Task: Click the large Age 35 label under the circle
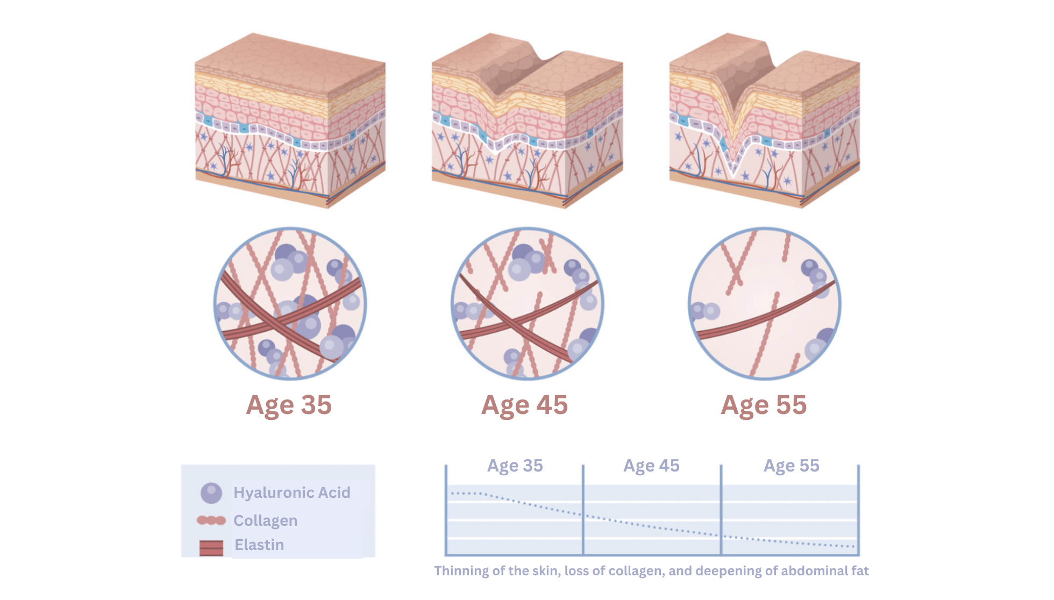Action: pos(289,405)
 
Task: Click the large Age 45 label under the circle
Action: pos(524,405)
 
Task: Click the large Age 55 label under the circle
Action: pos(764,405)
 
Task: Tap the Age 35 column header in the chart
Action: pos(515,466)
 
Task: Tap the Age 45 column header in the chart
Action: pos(651,466)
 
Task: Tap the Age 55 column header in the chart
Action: pos(792,466)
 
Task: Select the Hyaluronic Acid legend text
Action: pos(292,493)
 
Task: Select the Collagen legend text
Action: pos(266,521)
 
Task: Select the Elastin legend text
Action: pos(259,545)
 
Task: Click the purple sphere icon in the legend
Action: pos(211,493)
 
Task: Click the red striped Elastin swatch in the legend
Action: pos(211,548)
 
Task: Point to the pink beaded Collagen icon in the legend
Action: pos(211,520)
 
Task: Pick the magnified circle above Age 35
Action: pos(290,304)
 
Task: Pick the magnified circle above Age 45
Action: pos(528,304)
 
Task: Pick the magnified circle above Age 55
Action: pos(765,304)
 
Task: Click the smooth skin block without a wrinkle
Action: pos(290,120)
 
